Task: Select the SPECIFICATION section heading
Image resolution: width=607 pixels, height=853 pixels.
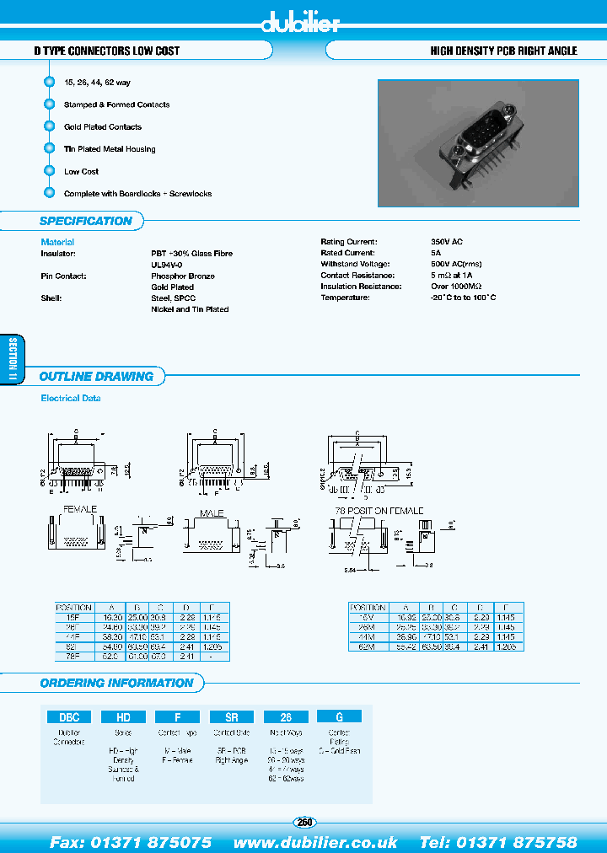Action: [x=86, y=222]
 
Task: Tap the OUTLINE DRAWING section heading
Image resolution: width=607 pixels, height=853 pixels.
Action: [x=96, y=377]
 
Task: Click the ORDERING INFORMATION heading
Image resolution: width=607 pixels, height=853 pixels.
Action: [x=116, y=683]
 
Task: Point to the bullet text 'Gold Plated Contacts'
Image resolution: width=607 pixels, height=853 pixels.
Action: [x=103, y=127]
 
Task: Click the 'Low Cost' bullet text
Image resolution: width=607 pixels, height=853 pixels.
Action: [x=81, y=171]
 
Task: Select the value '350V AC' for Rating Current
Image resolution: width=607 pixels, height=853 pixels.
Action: [x=446, y=242]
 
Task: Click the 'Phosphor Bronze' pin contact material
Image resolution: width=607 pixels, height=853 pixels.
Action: [x=182, y=276]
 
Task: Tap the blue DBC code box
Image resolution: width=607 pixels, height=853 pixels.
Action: [x=69, y=717]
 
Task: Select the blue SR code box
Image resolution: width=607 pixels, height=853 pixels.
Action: [x=231, y=717]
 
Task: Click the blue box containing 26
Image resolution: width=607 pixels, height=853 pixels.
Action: [x=285, y=717]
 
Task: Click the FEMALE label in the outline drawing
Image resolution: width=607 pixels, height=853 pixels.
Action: [x=80, y=509]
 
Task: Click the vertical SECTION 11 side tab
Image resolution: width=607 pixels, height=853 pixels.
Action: [x=13, y=361]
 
